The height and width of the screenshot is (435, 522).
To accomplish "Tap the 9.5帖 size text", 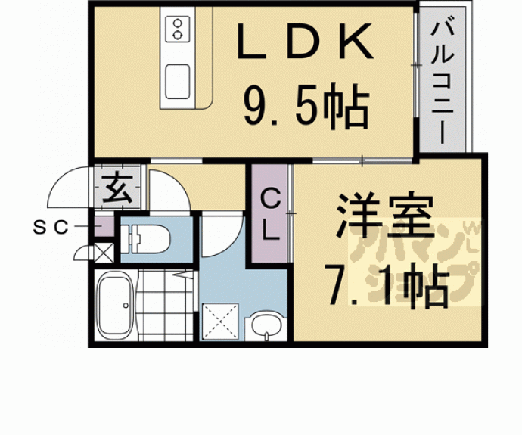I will [306, 107].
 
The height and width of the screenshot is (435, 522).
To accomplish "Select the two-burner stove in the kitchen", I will [179, 27].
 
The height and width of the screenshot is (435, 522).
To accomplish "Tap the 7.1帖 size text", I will [384, 285].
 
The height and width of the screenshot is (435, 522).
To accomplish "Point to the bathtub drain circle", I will [125, 306].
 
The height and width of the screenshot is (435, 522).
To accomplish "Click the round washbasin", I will [265, 326].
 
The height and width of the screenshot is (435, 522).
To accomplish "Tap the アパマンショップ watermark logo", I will [412, 261].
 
